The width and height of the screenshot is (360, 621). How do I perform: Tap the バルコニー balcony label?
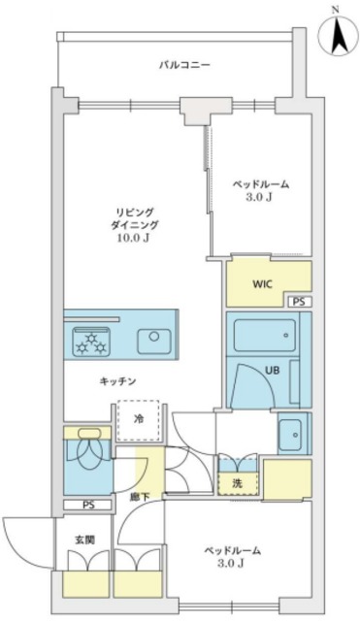(185, 66)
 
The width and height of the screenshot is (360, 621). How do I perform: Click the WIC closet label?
(262, 284)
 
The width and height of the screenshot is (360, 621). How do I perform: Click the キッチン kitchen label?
(116, 381)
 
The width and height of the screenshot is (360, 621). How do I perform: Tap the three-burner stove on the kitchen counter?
(93, 341)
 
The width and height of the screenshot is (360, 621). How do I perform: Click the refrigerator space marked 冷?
(138, 419)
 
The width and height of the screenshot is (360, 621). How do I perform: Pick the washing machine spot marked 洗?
(236, 482)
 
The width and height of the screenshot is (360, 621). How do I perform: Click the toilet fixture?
(87, 451)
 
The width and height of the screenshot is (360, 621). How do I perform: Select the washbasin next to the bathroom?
(290, 436)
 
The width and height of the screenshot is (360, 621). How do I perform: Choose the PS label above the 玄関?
(89, 506)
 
